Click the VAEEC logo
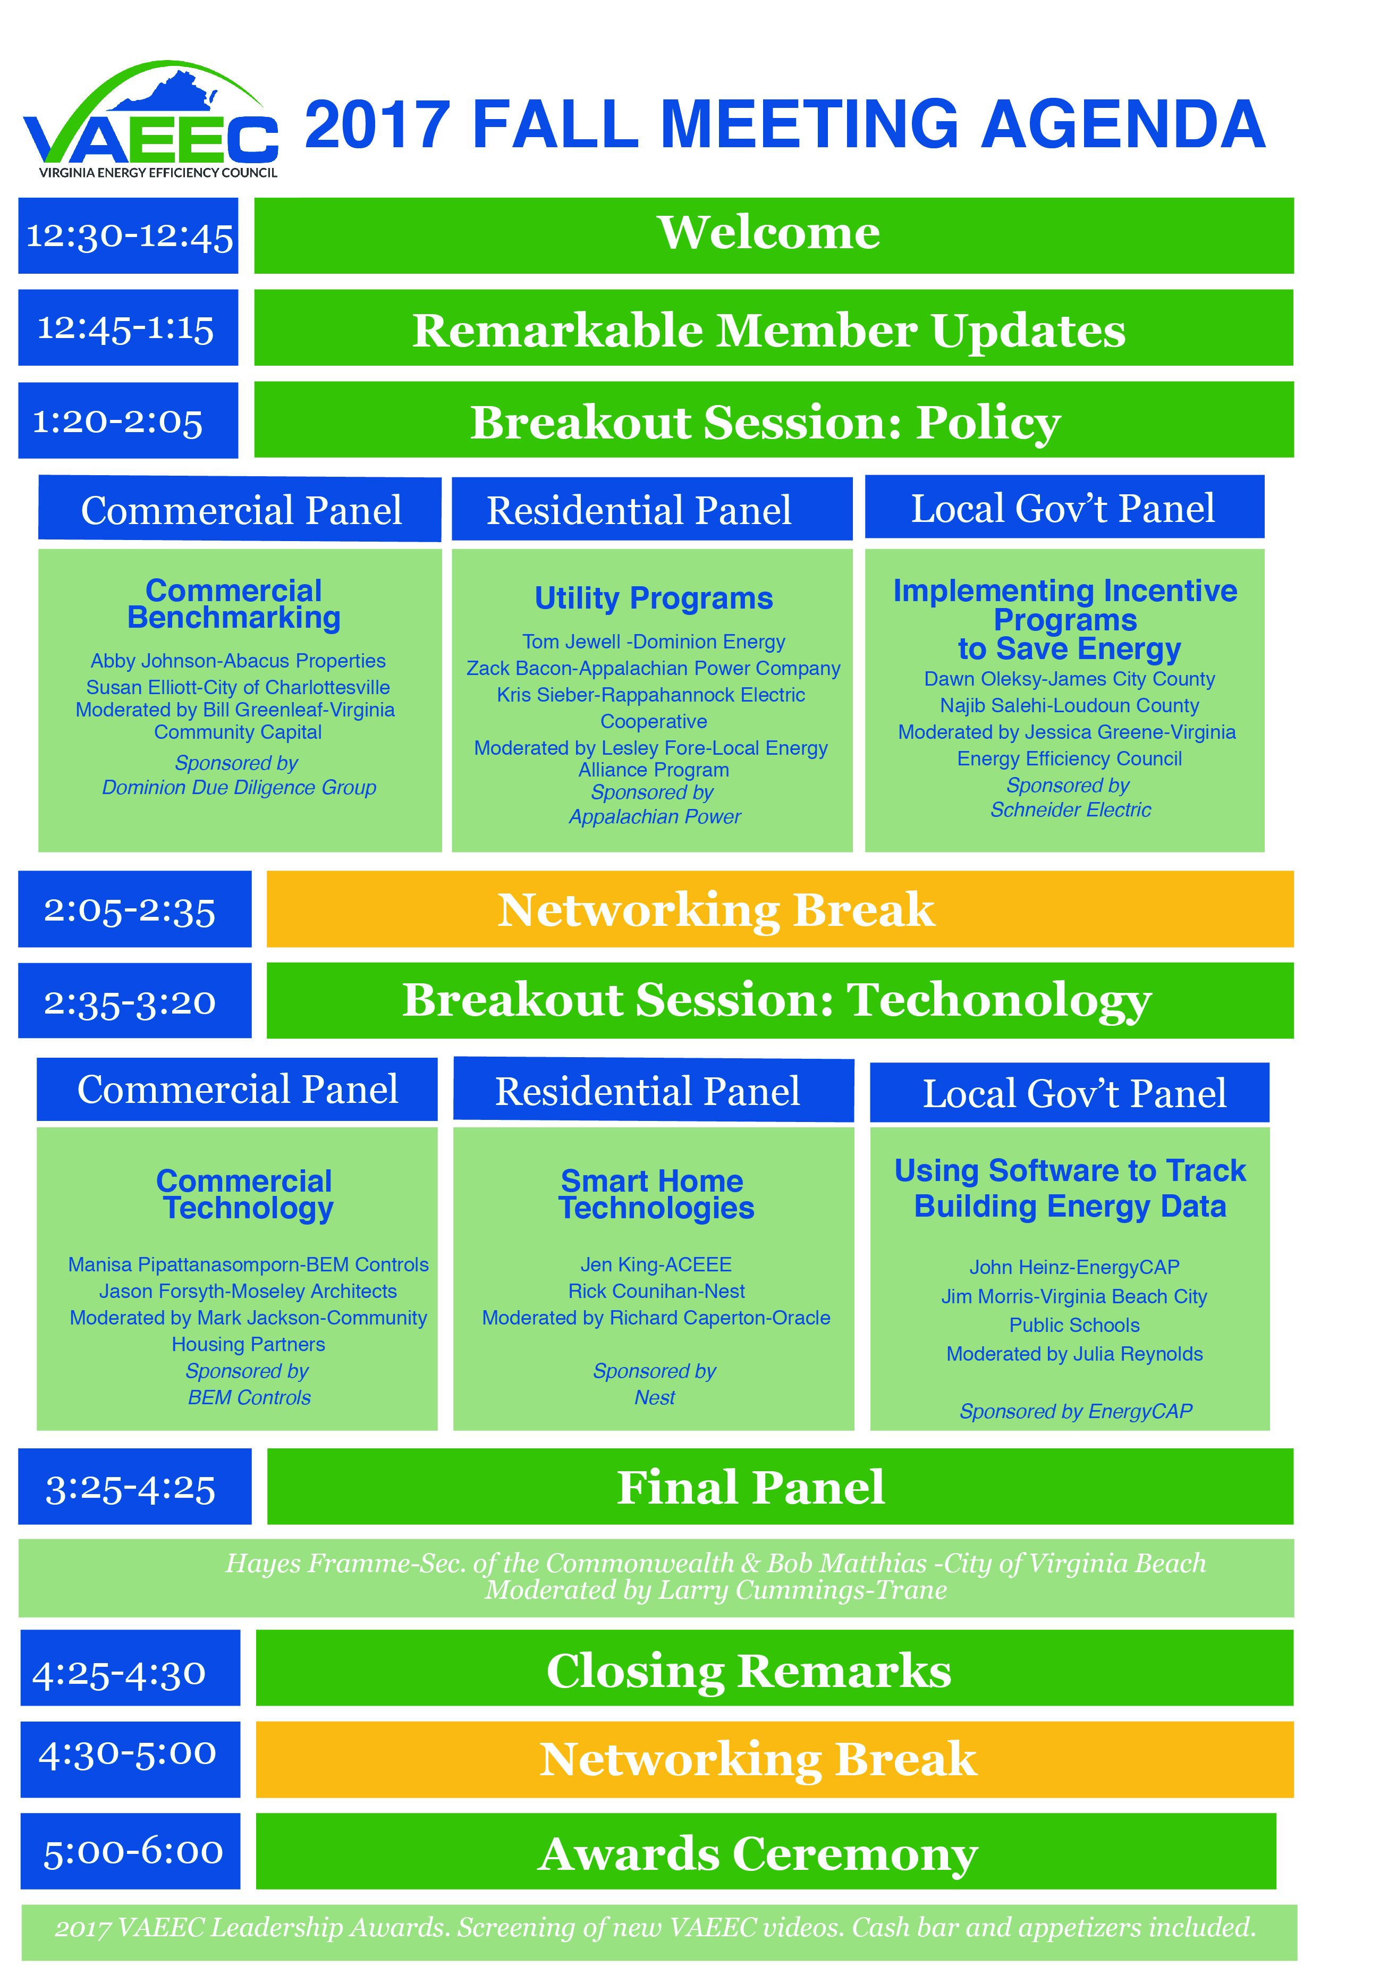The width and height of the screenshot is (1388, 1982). [150, 119]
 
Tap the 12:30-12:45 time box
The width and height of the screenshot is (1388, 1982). [129, 235]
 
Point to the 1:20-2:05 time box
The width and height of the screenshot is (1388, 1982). [129, 420]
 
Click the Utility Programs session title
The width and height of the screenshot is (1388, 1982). [654, 598]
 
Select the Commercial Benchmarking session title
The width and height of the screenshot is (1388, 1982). [234, 604]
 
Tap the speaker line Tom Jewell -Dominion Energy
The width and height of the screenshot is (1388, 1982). [654, 642]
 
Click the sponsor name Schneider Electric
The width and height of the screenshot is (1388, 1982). [1070, 809]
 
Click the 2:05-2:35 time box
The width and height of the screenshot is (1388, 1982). [134, 909]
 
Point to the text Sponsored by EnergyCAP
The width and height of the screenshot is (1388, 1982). [1076, 1411]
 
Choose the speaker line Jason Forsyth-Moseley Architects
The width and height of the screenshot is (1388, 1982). [248, 1292]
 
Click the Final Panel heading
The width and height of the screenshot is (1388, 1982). [750, 1487]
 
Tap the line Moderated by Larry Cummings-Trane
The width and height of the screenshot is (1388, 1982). [716, 1590]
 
